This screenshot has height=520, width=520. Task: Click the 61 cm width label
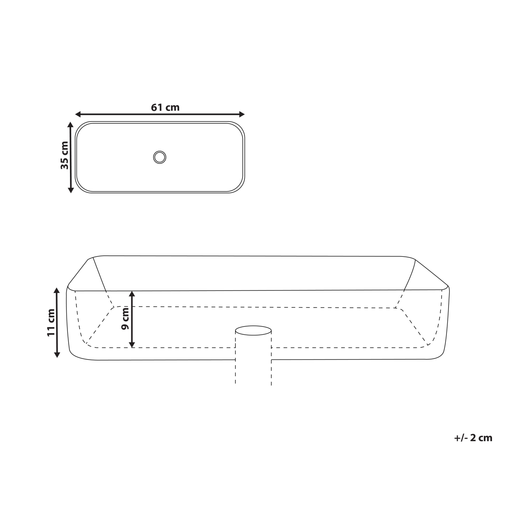(x=165, y=107)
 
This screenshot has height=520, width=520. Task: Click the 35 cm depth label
(x=64, y=155)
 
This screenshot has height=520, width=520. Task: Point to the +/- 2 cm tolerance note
(x=473, y=438)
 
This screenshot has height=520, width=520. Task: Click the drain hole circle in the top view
(x=160, y=157)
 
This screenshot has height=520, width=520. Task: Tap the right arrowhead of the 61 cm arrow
(x=242, y=114)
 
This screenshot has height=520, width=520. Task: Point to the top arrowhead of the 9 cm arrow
(x=132, y=293)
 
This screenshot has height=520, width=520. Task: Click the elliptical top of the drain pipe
(x=253, y=330)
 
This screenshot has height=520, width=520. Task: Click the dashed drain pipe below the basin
(x=253, y=372)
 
